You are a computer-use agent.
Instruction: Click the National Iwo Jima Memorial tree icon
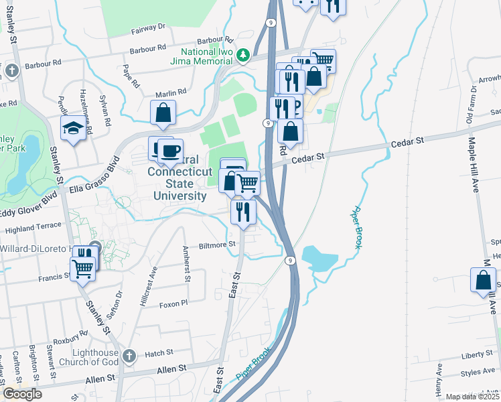[x=246, y=53]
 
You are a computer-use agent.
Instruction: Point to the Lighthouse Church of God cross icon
[x=129, y=354]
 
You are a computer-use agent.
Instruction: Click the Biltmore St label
[x=218, y=245]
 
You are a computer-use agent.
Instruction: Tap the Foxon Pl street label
[x=173, y=304]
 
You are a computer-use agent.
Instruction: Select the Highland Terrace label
[x=33, y=228]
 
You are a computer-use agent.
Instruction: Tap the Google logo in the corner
[x=22, y=394]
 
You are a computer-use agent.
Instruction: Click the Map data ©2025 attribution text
[x=472, y=397]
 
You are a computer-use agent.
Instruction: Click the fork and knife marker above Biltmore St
[x=243, y=212]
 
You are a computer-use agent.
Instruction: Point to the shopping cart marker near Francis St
[x=83, y=269]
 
